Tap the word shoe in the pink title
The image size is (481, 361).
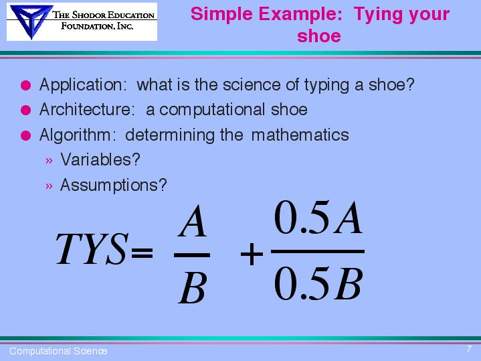tap(319, 36)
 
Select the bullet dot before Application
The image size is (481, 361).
tap(26, 85)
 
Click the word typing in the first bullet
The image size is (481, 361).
tap(326, 86)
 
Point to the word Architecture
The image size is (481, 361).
tap(87, 109)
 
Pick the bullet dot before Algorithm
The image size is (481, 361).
tap(26, 135)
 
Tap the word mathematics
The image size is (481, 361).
tap(300, 135)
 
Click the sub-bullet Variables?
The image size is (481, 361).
tap(100, 159)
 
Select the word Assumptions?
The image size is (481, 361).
tap(114, 186)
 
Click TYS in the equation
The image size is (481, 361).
tap(91, 249)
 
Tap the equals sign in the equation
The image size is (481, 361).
tap(141, 252)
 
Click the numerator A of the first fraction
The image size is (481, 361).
tap(193, 221)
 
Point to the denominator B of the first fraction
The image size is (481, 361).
tap(192, 289)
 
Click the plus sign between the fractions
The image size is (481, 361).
tap(252, 254)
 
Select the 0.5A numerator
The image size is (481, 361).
tap(318, 218)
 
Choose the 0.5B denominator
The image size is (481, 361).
tap(318, 283)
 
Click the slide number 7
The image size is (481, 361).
tap(469, 349)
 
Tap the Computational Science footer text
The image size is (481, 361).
tap(58, 351)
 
